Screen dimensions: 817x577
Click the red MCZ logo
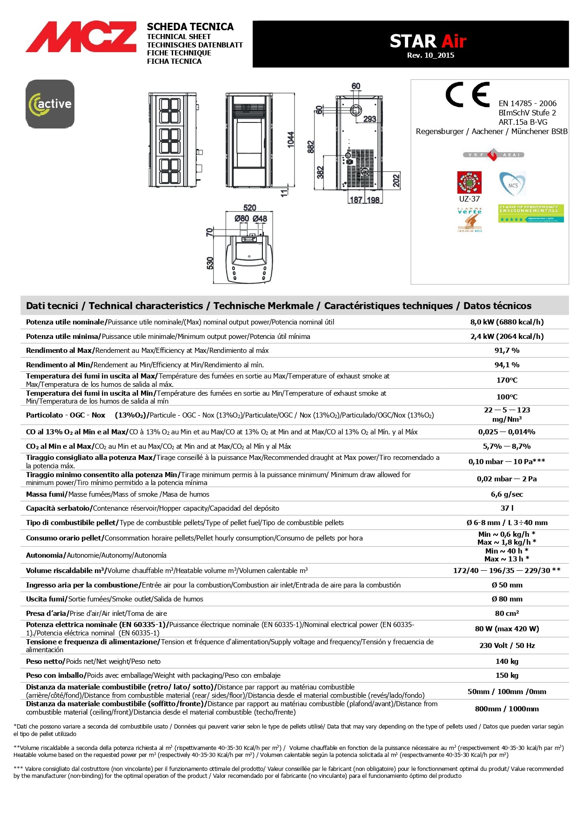point(81,37)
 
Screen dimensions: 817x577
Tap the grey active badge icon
point(50,104)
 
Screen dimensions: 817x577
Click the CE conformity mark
point(468,95)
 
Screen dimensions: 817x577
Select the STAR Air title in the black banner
point(428,41)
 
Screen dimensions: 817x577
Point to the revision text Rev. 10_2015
point(430,55)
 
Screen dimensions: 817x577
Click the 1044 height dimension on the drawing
point(291,140)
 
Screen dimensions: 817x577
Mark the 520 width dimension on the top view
point(250,208)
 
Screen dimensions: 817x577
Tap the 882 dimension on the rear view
point(311,147)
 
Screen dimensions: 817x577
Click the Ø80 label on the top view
point(242,219)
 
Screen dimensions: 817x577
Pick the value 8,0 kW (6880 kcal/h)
point(507,322)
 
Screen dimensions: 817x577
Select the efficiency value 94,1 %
point(507,365)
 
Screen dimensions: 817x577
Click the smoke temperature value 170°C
point(507,380)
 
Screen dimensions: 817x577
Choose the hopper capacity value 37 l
point(507,508)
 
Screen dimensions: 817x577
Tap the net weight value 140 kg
point(507,662)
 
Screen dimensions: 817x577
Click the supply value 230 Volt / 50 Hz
point(507,646)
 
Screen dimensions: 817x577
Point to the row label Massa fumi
point(47,494)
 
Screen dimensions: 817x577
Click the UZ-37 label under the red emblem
point(469,199)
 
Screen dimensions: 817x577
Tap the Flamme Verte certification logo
point(470,219)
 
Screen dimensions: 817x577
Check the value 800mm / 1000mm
point(507,709)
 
